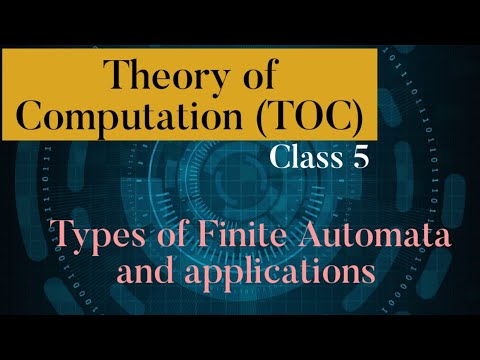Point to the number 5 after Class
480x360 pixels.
point(363,157)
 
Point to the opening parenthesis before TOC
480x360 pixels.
point(239,118)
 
